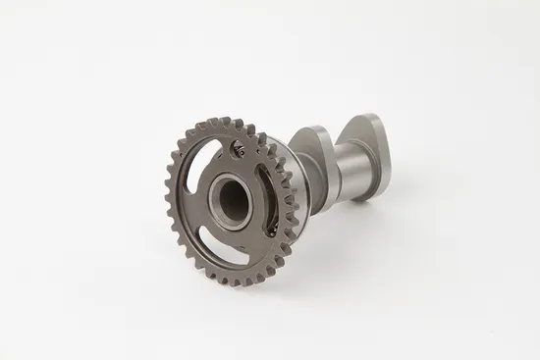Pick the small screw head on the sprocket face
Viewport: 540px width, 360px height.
[238, 149]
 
